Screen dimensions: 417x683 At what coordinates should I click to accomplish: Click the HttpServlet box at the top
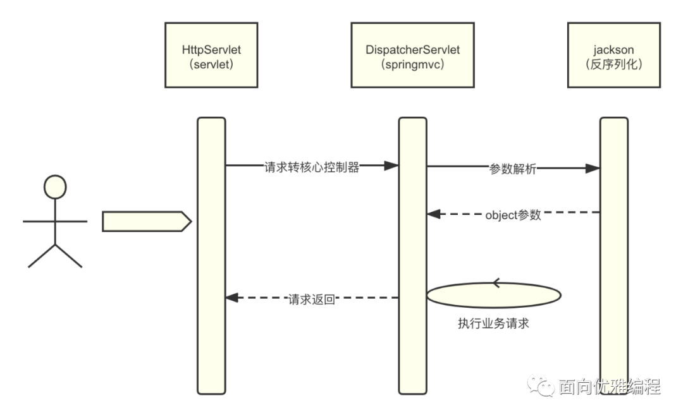click(211, 55)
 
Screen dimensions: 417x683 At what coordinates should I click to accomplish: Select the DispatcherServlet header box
click(412, 55)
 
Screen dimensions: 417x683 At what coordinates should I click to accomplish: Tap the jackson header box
click(613, 55)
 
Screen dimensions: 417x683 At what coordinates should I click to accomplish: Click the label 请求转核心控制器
click(312, 167)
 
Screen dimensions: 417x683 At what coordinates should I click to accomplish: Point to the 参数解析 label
click(513, 169)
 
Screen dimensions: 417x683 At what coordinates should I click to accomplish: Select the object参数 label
click(513, 214)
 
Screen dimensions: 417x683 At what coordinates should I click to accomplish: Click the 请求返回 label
click(311, 299)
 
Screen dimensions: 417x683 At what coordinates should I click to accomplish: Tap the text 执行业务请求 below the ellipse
click(493, 323)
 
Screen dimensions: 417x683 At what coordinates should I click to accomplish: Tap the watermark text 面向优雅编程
click(609, 386)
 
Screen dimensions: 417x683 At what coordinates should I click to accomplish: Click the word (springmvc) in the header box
click(412, 64)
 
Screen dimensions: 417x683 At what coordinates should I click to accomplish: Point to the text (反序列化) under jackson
click(613, 64)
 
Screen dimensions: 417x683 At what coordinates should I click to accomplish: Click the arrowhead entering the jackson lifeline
click(593, 168)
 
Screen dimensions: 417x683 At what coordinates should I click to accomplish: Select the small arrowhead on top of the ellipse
click(495, 282)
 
